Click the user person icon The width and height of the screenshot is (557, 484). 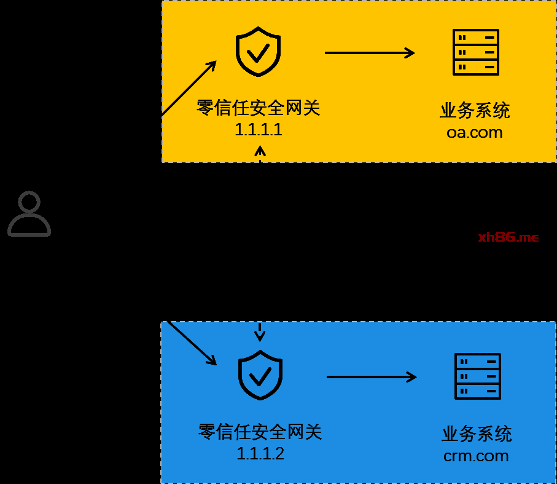pos(29,214)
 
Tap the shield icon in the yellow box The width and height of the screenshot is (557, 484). pos(259,52)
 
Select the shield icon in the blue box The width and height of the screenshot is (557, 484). pos(260,375)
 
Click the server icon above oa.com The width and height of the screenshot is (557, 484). pos(475,52)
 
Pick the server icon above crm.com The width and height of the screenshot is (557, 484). pos(477,376)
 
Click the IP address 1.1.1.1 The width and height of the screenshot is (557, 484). pos(259,130)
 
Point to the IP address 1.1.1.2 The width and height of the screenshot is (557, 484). pos(260,454)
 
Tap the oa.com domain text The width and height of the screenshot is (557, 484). pos(475,132)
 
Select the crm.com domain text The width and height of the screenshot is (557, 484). pos(476,456)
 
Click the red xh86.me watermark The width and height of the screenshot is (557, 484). pos(508,237)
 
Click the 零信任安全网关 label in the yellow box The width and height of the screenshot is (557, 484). pos(259,108)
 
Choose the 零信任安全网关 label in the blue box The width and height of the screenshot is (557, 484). pos(260,432)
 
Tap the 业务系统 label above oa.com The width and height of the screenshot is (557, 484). pos(475,111)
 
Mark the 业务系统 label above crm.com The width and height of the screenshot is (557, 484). pos(477,434)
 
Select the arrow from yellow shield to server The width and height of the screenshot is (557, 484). pos(370,53)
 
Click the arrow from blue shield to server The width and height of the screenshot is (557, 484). pos(372,376)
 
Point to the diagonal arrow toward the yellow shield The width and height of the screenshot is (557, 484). pos(189,88)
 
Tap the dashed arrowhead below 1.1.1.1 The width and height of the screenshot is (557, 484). pos(260,151)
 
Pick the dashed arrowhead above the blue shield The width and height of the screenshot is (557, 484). pos(260,335)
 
